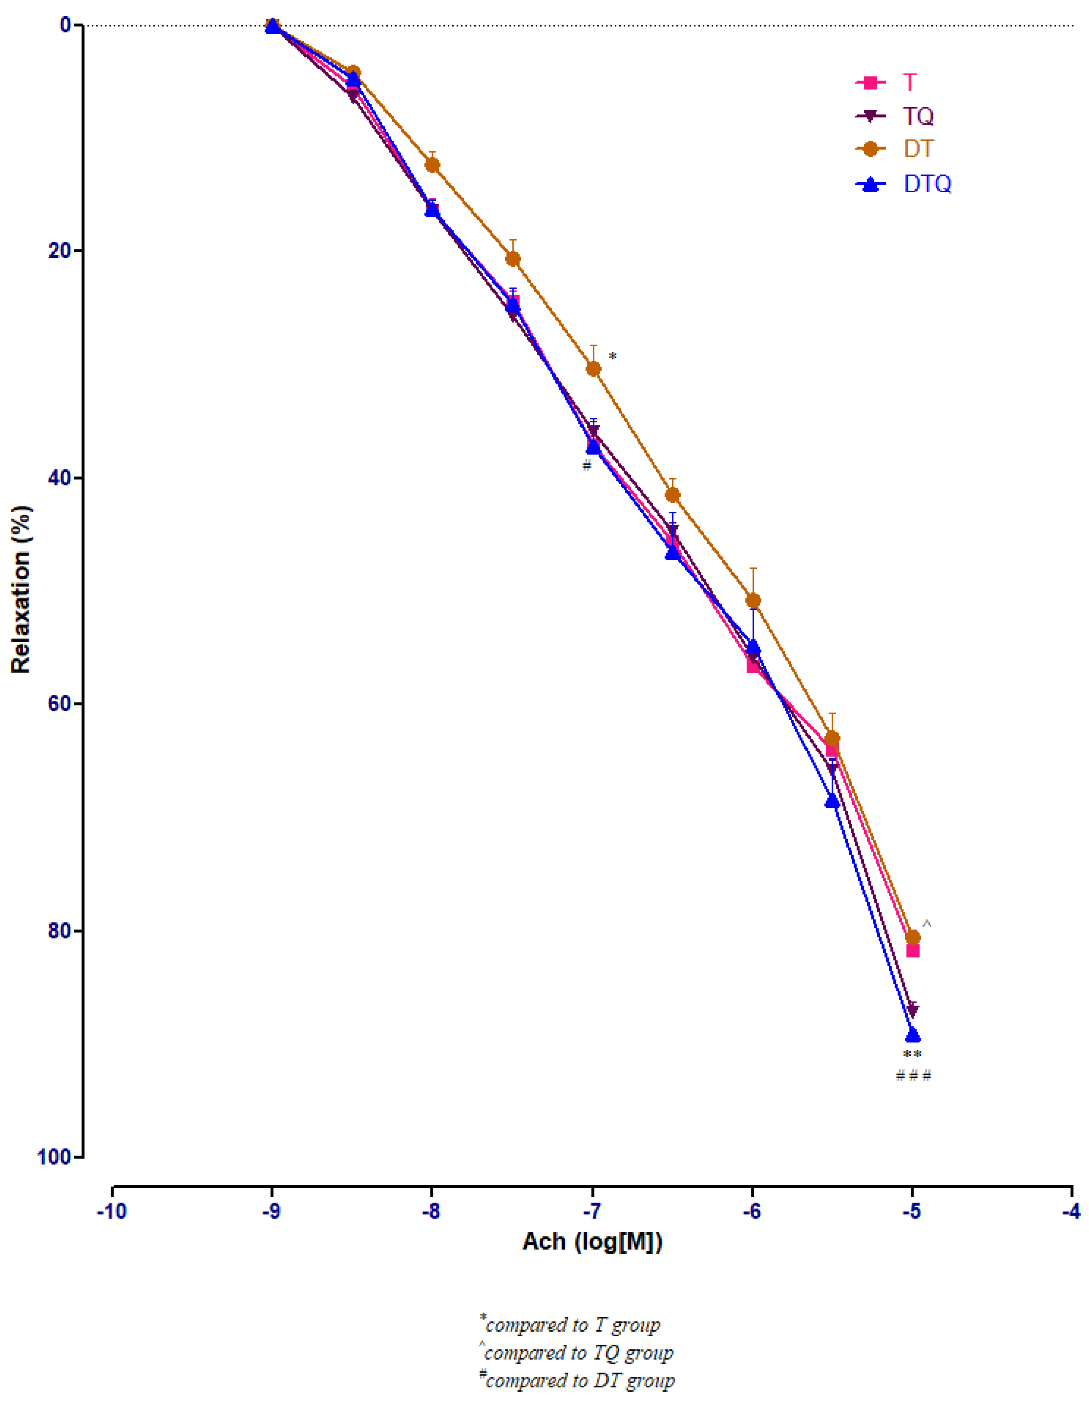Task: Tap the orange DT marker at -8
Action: click(432, 165)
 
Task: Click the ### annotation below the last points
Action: click(913, 1075)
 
